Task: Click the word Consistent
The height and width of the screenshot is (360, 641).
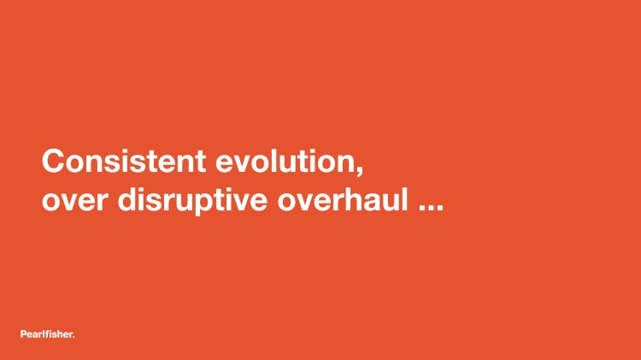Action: click(124, 161)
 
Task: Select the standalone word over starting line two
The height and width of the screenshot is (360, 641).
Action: click(75, 200)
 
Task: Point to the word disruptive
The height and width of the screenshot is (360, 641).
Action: click(192, 200)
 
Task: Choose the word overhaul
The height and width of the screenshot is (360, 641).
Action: click(343, 199)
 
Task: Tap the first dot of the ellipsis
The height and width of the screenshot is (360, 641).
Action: click(422, 209)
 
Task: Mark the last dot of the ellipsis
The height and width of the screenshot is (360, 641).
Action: click(440, 209)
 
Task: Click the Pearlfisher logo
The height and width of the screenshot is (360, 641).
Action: click(47, 333)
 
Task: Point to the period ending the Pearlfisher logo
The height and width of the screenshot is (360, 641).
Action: click(74, 337)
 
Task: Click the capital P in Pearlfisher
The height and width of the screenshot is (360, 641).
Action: click(23, 334)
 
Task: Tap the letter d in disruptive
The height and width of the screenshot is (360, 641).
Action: click(128, 199)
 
